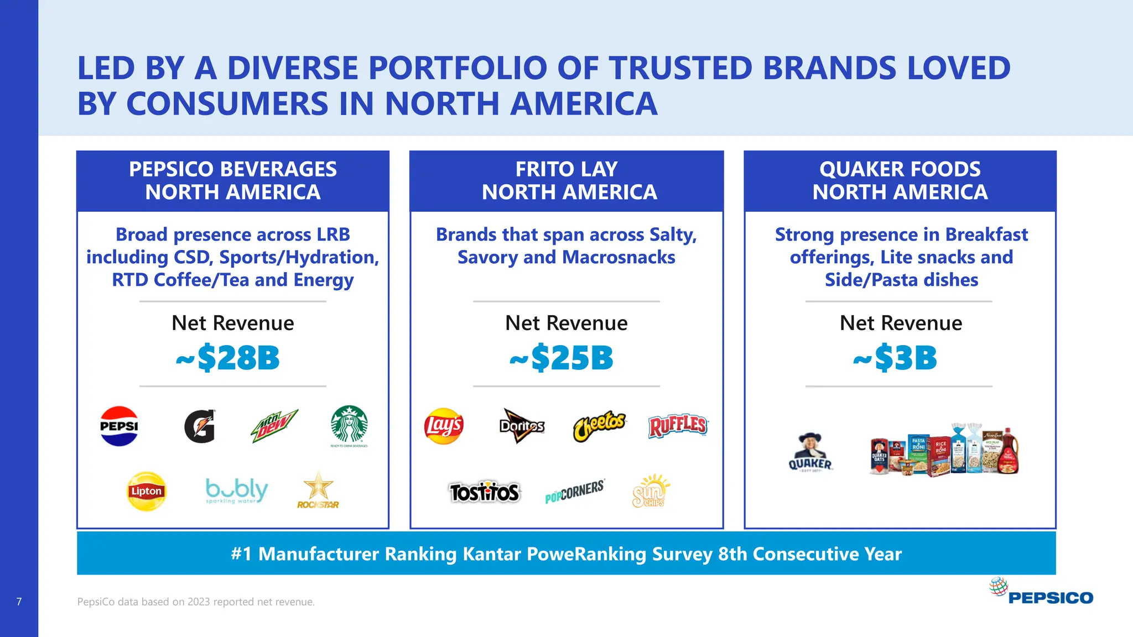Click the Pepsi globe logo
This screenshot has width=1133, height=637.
[x=119, y=426]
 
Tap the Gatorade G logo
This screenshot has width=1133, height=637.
[x=200, y=426]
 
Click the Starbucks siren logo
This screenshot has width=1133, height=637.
[x=349, y=424]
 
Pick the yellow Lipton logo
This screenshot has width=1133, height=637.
[x=147, y=491]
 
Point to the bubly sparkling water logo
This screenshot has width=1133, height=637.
[x=237, y=490]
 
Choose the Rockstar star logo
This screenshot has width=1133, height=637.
[x=318, y=490]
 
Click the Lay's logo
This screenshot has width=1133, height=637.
[x=444, y=426]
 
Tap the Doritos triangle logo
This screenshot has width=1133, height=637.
[x=522, y=426]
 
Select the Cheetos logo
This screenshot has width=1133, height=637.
[x=599, y=426]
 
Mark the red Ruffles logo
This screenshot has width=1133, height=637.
[x=678, y=426]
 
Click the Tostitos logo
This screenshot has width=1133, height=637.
[x=484, y=492]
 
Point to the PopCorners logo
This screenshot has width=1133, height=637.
[x=574, y=491]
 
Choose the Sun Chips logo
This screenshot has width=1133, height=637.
[x=650, y=490]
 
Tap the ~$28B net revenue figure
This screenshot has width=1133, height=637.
[x=228, y=358]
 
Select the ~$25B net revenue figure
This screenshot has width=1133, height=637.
[x=562, y=358]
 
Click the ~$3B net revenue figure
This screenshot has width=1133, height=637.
[x=895, y=358]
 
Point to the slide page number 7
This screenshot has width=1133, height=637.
[x=19, y=602]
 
